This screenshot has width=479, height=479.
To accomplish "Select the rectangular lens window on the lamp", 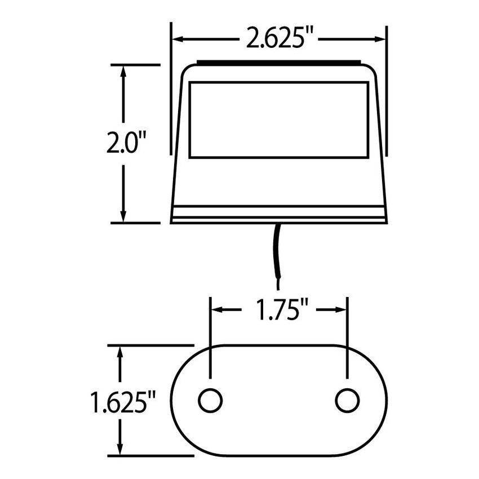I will [x=279, y=119].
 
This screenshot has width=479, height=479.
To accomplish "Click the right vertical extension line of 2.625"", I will [x=387, y=90].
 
